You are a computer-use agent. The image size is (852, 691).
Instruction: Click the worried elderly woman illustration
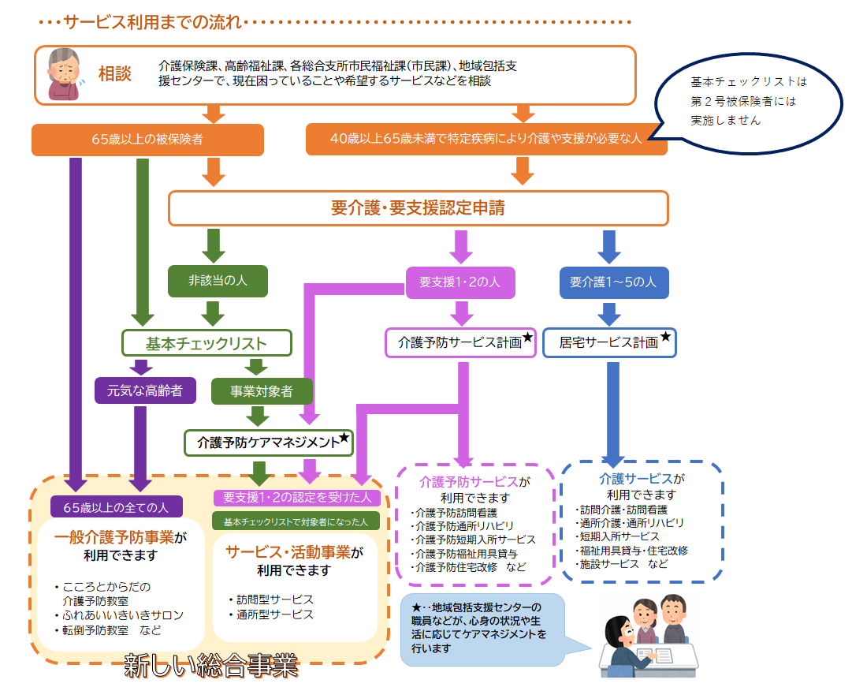[64, 74]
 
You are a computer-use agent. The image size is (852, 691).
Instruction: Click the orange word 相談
[114, 73]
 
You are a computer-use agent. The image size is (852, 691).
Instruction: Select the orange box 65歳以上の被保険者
[148, 140]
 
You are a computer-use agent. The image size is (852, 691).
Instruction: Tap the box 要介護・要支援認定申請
[418, 207]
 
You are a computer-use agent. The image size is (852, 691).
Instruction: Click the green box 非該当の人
[218, 281]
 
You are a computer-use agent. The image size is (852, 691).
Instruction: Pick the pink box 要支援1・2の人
[460, 282]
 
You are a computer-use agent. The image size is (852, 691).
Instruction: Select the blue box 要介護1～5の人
[614, 282]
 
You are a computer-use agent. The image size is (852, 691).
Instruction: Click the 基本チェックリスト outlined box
[206, 343]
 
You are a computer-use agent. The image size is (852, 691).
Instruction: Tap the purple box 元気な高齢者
[145, 390]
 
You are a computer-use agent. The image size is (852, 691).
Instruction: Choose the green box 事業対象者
[262, 391]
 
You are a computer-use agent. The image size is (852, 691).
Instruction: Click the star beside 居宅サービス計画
[665, 337]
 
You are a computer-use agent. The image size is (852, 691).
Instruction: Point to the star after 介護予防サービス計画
[527, 337]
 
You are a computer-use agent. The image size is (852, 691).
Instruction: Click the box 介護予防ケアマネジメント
[269, 443]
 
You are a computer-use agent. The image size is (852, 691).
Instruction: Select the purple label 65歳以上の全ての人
[117, 507]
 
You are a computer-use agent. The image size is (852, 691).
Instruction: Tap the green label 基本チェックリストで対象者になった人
[296, 521]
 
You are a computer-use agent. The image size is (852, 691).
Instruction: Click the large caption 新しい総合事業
[211, 665]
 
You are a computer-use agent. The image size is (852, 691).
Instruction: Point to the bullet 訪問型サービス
[270, 599]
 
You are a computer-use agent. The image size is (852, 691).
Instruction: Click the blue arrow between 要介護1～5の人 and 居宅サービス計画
[610, 315]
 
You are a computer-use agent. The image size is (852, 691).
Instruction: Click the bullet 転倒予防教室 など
[108, 630]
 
